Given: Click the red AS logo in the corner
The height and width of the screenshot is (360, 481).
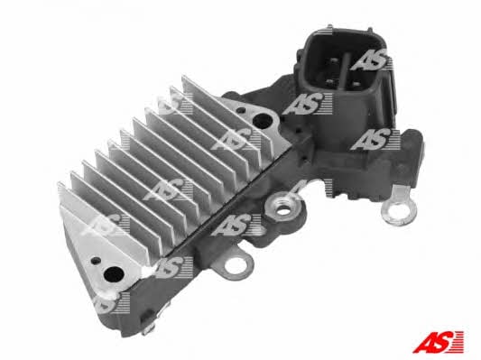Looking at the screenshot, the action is click(x=438, y=342).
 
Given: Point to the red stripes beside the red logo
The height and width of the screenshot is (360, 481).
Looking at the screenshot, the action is click(x=457, y=342).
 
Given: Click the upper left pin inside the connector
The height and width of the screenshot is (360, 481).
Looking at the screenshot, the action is click(x=332, y=61).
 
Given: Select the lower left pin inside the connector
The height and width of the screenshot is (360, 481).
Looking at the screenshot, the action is click(x=329, y=82).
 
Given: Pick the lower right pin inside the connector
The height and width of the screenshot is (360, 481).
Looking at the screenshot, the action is click(x=356, y=83).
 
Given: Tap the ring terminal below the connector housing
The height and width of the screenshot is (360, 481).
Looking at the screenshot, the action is click(x=397, y=212).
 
